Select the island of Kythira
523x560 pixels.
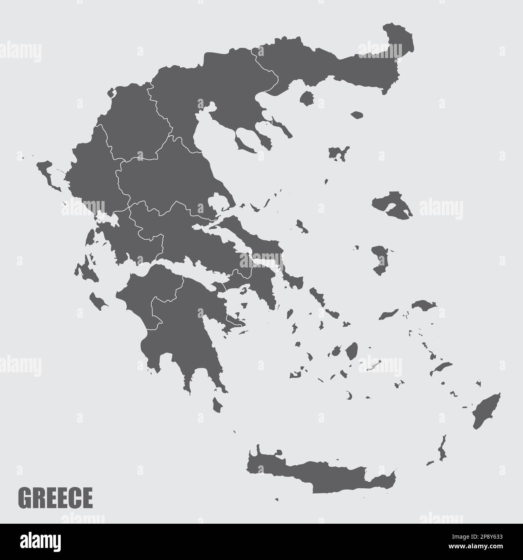(x=217, y=404)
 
